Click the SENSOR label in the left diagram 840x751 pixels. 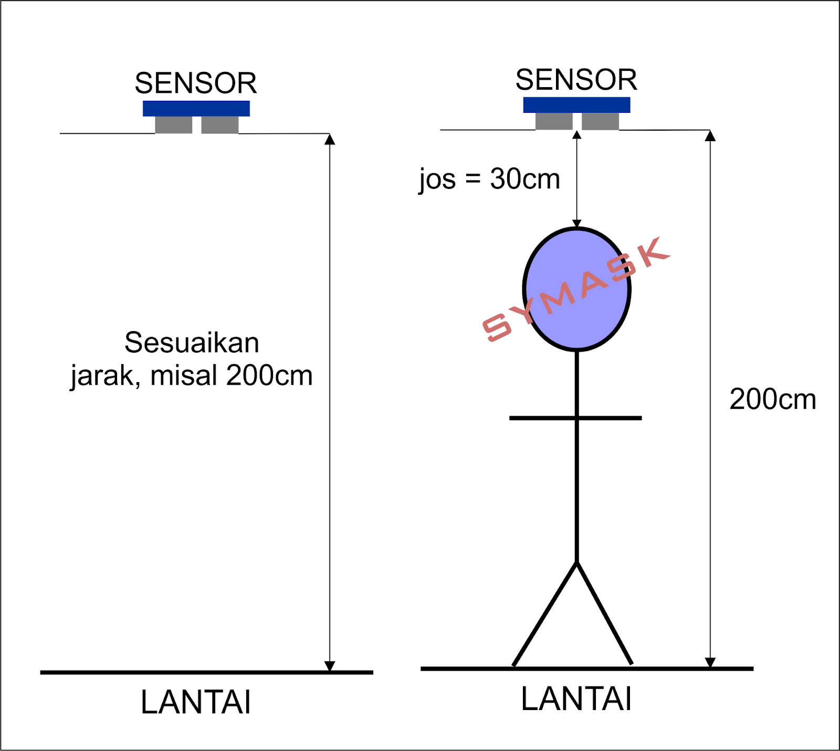click(x=195, y=83)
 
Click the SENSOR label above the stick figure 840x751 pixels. click(x=576, y=80)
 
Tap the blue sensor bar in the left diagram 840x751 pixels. click(x=196, y=108)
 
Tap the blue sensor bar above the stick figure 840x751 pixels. click(x=576, y=104)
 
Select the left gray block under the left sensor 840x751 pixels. click(x=173, y=125)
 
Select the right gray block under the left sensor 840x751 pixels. click(x=219, y=125)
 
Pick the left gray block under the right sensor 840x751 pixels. click(x=554, y=121)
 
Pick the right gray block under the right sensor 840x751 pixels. click(x=600, y=121)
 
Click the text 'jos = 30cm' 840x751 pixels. click(x=489, y=179)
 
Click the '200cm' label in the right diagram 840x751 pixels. click(x=772, y=399)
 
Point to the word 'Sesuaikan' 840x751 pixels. click(x=192, y=343)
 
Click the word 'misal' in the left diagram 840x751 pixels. click(x=184, y=376)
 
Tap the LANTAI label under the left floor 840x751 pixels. click(x=196, y=702)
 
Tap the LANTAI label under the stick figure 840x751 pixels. click(x=576, y=699)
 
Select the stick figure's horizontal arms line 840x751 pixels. click(x=546, y=418)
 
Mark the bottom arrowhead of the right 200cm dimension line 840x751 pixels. click(x=710, y=662)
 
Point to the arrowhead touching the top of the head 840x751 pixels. click(x=576, y=224)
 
